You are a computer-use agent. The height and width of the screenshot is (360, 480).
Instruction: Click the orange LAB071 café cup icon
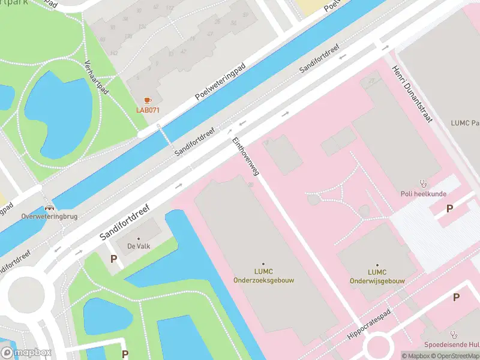pyautogui.click(x=148, y=100)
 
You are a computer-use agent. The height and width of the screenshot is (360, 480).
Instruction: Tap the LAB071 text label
pyautogui.click(x=148, y=110)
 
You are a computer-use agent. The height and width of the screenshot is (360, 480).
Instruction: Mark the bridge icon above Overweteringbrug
pyautogui.click(x=42, y=206)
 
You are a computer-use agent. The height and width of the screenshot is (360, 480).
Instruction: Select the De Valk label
pyautogui.click(x=138, y=246)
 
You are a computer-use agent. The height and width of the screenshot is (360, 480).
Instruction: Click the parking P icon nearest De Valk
pyautogui.click(x=113, y=259)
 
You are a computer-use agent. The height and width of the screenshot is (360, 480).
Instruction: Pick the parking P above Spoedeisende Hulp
pyautogui.click(x=456, y=297)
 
